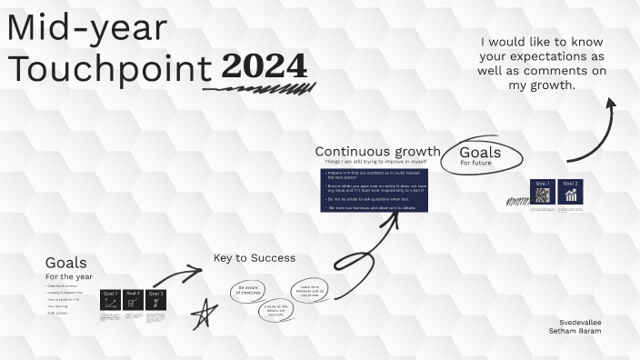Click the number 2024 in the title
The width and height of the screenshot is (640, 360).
click(x=264, y=66)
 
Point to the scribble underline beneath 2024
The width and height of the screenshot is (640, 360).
click(x=259, y=89)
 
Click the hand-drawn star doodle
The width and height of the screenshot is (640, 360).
click(x=205, y=314)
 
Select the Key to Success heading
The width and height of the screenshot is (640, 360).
click(x=255, y=258)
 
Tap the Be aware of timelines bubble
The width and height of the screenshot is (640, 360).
click(x=249, y=290)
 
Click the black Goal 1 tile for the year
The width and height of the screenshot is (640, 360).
click(x=111, y=300)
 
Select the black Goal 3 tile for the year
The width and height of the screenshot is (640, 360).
click(x=156, y=300)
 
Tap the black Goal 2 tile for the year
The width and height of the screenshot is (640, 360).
click(x=134, y=300)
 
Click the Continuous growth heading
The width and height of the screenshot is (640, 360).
click(x=377, y=152)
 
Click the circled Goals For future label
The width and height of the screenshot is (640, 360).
click(x=482, y=156)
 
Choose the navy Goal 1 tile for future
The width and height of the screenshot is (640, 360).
click(x=543, y=192)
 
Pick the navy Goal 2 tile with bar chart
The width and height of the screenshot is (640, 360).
click(x=571, y=192)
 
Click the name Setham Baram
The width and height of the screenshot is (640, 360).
click(x=575, y=331)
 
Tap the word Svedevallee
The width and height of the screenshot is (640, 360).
click(x=580, y=322)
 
